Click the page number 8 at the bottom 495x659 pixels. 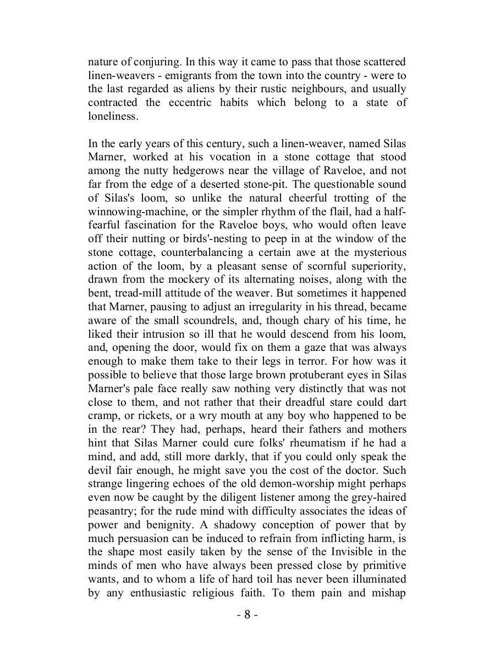pyautogui.click(x=248, y=615)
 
